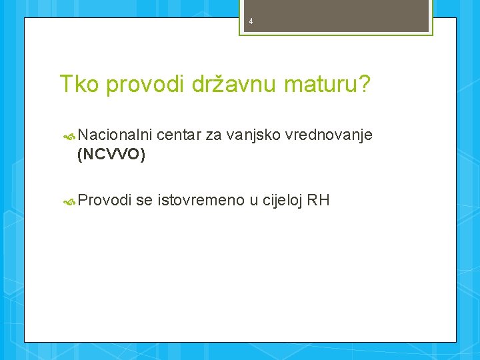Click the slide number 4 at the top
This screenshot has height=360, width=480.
pyautogui.click(x=251, y=21)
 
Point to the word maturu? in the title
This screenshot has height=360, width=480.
pyautogui.click(x=325, y=85)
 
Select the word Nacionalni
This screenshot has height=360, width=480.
pyautogui.click(x=115, y=136)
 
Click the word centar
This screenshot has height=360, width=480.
pyautogui.click(x=179, y=136)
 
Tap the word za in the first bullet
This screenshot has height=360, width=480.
pyautogui.click(x=213, y=136)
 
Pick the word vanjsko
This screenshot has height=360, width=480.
pyautogui.click(x=253, y=136)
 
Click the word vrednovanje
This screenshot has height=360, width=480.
pyautogui.click(x=329, y=136)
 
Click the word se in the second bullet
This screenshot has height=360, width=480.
pyautogui.click(x=144, y=200)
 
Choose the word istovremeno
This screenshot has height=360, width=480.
pyautogui.click(x=201, y=200)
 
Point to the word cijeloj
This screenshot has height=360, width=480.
pyautogui.click(x=282, y=200)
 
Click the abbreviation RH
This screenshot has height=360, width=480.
pyautogui.click(x=319, y=200)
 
